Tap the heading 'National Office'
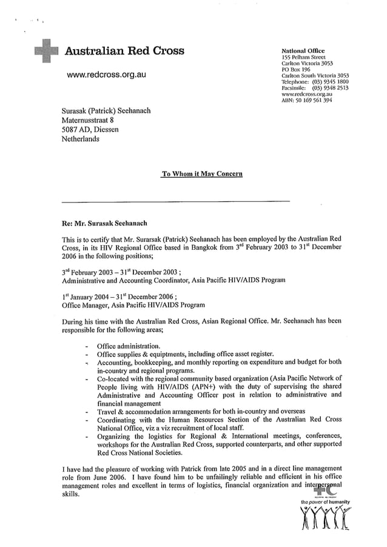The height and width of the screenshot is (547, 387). [303, 50]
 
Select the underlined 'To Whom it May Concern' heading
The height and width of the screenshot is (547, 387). [203, 174]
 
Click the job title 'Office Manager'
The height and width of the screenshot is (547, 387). [88, 305]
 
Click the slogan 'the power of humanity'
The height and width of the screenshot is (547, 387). [326, 502]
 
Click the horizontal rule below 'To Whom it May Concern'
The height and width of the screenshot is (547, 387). [176, 201]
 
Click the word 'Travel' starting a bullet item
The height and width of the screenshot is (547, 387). [109, 411]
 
